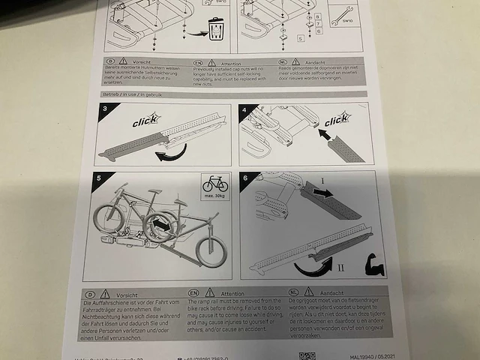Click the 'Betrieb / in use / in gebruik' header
[x=132, y=95]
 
